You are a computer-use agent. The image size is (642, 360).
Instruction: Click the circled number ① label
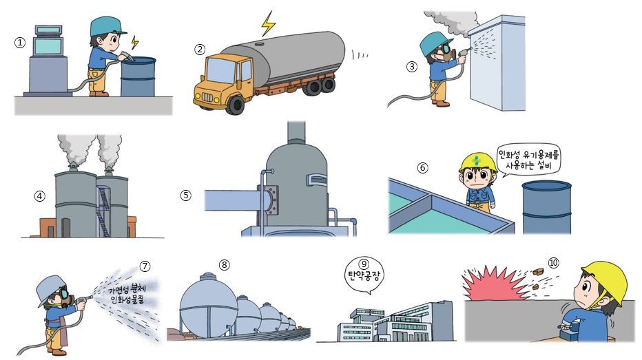(x=20, y=43)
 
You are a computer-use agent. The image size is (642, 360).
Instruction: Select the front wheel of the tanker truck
(x=236, y=103)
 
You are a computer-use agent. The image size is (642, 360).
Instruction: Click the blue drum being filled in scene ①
(x=138, y=77)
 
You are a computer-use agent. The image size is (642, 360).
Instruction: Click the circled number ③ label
(x=412, y=67)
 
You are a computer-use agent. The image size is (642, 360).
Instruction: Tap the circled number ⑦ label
(x=145, y=266)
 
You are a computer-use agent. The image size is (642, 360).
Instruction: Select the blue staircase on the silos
(x=103, y=210)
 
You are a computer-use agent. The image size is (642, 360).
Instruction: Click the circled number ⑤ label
(x=185, y=195)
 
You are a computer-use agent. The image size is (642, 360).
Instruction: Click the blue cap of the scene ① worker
(x=106, y=27)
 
